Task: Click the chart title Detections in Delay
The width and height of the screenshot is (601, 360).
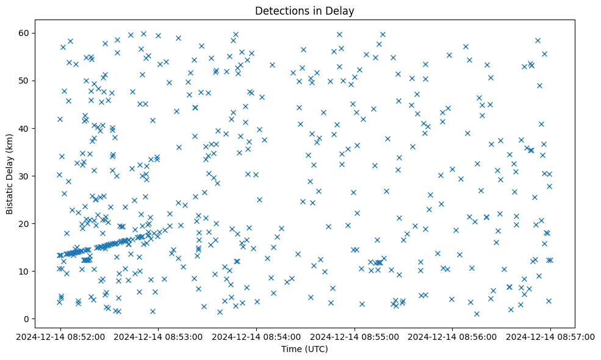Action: click(x=304, y=11)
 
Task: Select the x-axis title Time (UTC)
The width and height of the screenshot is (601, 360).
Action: click(x=304, y=349)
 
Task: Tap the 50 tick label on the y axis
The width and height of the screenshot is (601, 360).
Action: click(x=26, y=81)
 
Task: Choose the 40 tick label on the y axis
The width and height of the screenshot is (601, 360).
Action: click(x=26, y=128)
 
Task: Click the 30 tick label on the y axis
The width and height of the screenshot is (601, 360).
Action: click(x=26, y=176)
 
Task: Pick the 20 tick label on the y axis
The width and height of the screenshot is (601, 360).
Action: click(x=26, y=223)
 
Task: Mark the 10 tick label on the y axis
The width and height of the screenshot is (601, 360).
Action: click(x=26, y=271)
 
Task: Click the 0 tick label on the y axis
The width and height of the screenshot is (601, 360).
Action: click(x=28, y=319)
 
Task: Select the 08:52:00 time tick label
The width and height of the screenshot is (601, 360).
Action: click(x=60, y=336)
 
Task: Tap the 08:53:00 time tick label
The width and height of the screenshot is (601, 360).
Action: click(x=158, y=336)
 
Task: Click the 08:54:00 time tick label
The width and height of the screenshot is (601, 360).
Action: click(x=256, y=336)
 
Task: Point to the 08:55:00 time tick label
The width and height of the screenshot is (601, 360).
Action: click(x=354, y=336)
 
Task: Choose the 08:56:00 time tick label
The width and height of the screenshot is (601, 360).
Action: click(x=453, y=336)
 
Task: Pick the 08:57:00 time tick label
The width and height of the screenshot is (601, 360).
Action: click(x=550, y=336)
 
